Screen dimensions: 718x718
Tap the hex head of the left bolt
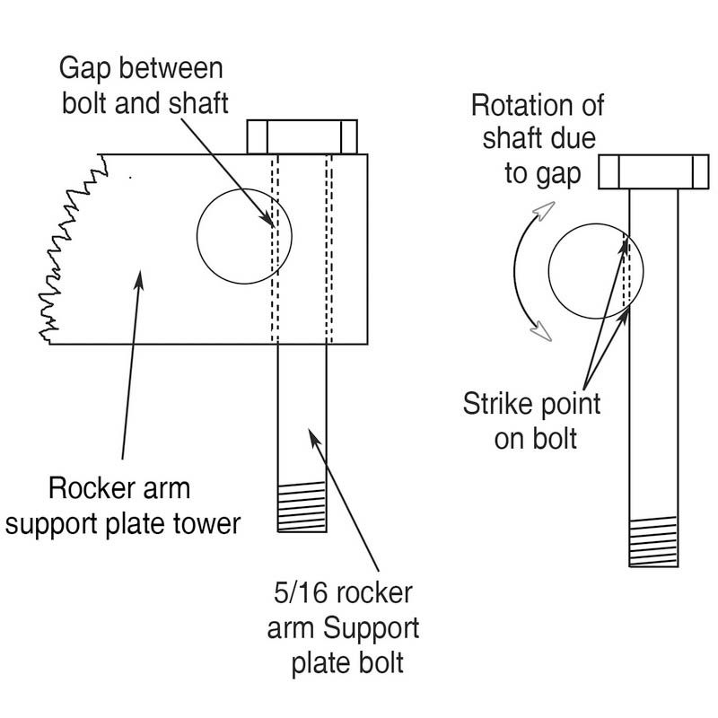pyautogui.click(x=302, y=137)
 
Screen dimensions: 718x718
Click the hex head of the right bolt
pyautogui.click(x=654, y=171)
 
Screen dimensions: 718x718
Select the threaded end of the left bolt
pyautogui.click(x=302, y=507)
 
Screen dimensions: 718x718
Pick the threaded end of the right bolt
pyautogui.click(x=653, y=542)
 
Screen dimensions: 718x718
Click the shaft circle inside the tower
pyautogui.click(x=197, y=236)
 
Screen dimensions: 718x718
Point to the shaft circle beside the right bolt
pyautogui.click(x=548, y=271)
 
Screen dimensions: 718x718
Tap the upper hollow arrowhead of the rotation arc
pyautogui.click(x=545, y=211)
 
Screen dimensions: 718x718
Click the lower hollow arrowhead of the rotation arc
pyautogui.click(x=541, y=330)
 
